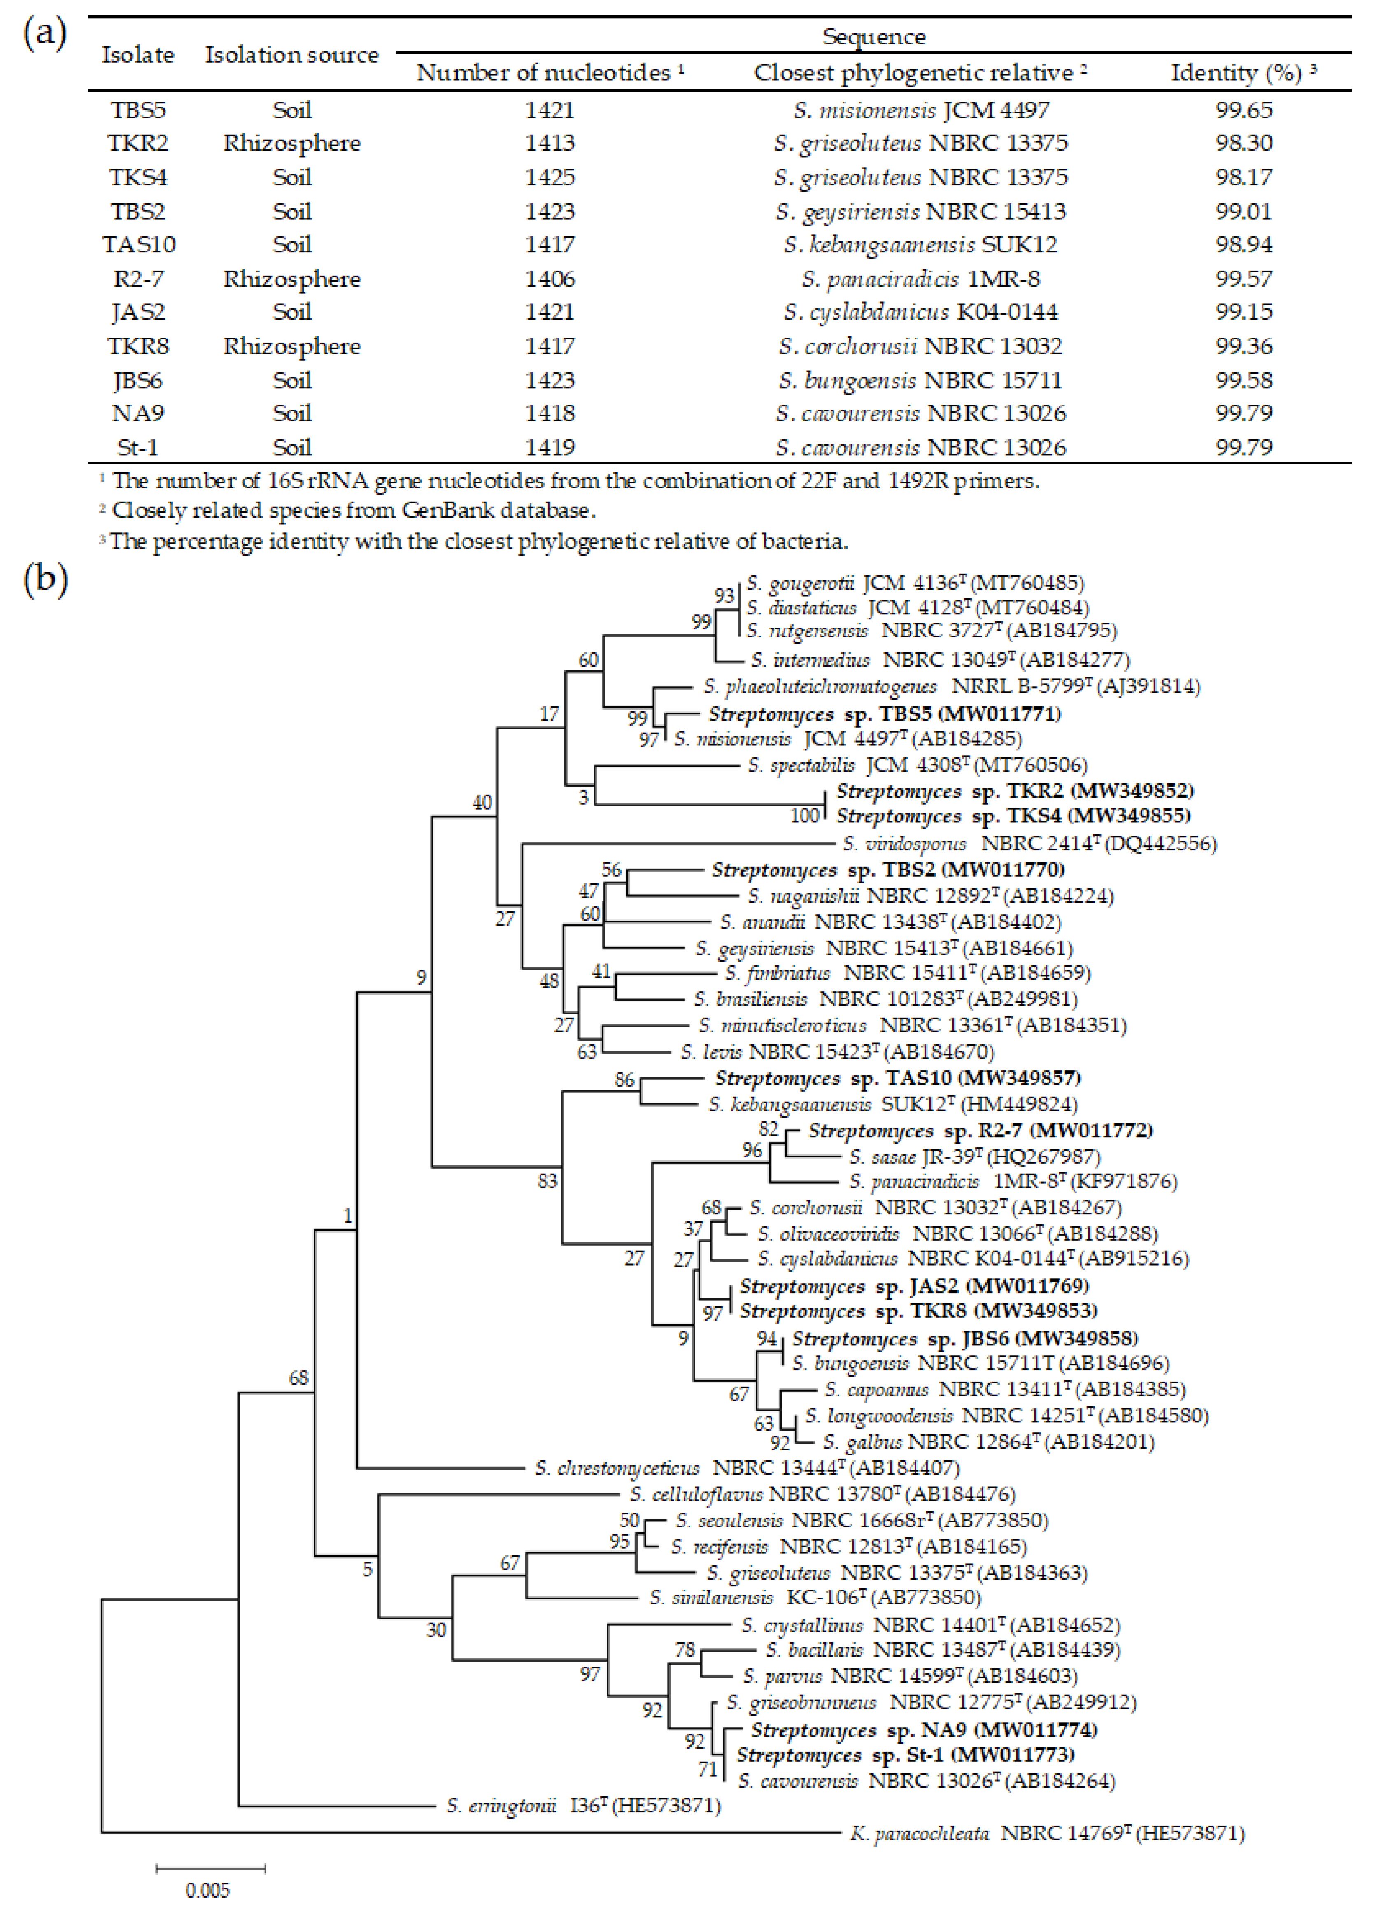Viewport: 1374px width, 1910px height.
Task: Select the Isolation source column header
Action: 291,55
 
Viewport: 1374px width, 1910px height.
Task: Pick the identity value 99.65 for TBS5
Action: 1244,110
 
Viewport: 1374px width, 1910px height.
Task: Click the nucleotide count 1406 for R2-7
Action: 550,279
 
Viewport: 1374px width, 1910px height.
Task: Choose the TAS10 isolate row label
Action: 139,245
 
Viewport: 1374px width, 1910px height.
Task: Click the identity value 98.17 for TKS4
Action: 1244,177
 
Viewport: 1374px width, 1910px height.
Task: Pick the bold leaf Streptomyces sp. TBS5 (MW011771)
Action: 884,714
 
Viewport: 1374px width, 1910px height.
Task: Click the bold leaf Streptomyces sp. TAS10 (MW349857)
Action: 897,1078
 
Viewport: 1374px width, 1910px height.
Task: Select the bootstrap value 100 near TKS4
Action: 805,815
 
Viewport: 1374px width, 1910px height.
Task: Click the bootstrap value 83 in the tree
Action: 547,1181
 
